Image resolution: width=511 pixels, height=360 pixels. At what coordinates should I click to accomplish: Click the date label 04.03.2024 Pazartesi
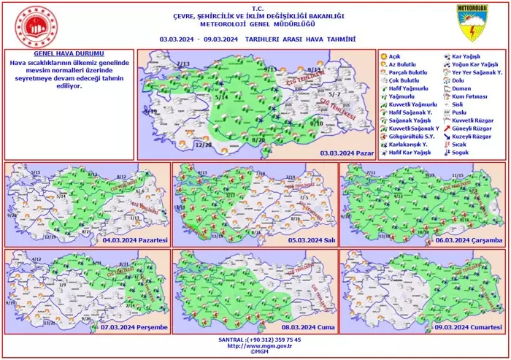point(136,240)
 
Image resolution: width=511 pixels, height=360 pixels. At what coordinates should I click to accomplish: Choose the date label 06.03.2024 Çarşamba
point(469,240)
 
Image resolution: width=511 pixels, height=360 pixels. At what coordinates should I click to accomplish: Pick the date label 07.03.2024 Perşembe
point(136,326)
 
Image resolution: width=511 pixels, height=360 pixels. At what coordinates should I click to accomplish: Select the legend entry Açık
point(394,56)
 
